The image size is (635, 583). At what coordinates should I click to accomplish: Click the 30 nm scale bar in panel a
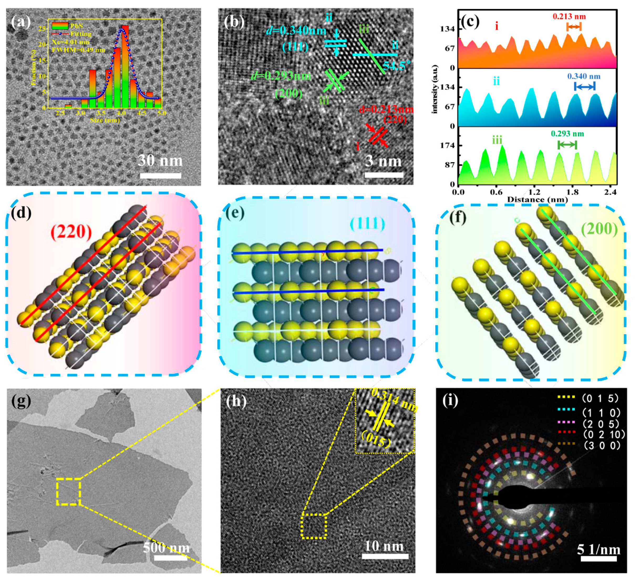click(161, 176)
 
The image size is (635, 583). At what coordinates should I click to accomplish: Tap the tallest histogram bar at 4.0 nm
click(125, 66)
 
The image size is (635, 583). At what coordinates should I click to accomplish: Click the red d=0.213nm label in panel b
click(386, 109)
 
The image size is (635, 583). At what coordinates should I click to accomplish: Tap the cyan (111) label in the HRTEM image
click(295, 47)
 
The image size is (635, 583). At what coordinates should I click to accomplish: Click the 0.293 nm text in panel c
click(567, 134)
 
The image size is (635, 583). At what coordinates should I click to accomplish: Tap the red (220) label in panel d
click(71, 232)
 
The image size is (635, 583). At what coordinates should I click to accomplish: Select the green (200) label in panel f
click(599, 229)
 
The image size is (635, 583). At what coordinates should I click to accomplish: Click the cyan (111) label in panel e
click(368, 224)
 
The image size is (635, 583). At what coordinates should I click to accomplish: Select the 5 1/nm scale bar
click(598, 559)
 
